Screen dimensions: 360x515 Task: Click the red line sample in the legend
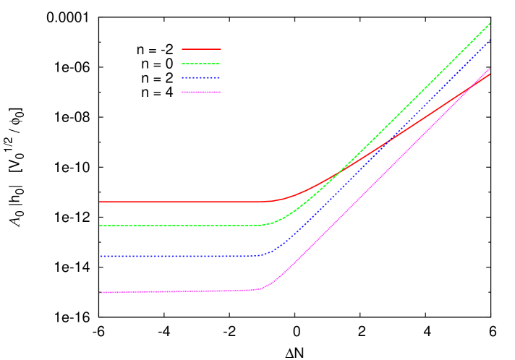(x=201, y=49)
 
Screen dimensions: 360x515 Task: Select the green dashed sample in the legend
(x=201, y=64)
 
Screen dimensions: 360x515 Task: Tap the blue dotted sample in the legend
(x=201, y=77)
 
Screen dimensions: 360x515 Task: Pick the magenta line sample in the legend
(x=201, y=92)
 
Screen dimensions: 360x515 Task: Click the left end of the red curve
(x=100, y=202)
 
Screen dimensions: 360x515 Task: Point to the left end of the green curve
(x=100, y=226)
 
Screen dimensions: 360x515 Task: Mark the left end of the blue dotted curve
(x=100, y=256)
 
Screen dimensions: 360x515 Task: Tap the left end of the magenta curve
(x=100, y=292)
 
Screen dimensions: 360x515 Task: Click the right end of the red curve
(x=490, y=74)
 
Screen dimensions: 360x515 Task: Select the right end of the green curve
(x=490, y=23)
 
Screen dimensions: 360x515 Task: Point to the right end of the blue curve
(x=490, y=40)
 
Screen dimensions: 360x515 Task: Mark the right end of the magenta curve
(x=490, y=69)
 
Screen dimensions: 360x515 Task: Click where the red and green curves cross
(x=339, y=173)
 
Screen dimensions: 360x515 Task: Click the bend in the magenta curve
(x=265, y=288)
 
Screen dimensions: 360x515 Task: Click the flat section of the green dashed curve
(x=181, y=226)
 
